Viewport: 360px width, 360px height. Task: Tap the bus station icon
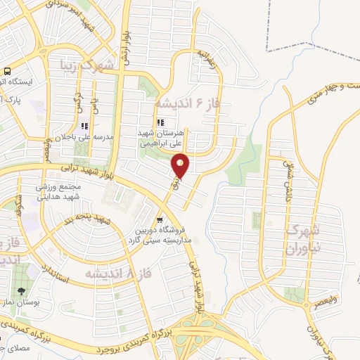[7, 71]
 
